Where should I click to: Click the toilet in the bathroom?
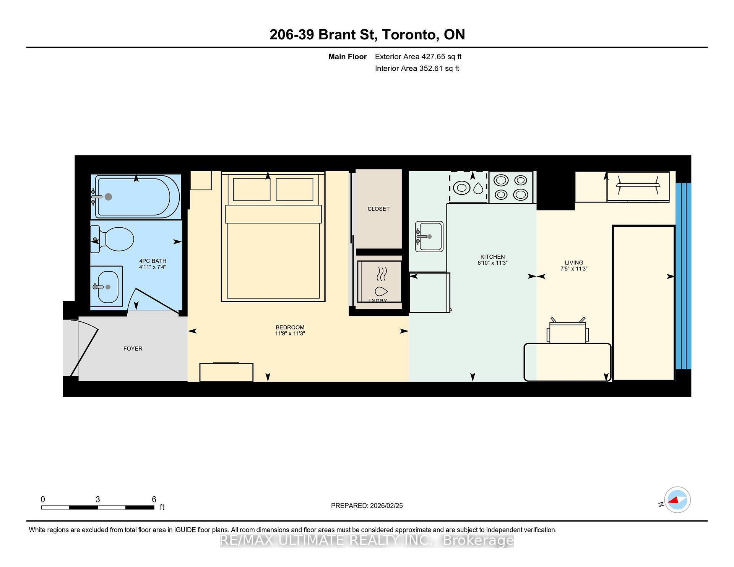click(115, 239)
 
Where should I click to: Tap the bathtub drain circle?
click(108, 197)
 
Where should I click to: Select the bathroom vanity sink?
click(107, 287)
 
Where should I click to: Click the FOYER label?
click(133, 348)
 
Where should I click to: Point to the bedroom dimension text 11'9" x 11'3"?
click(290, 334)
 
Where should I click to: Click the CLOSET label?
click(378, 209)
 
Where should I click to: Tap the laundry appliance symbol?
click(379, 282)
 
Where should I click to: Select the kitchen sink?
click(429, 237)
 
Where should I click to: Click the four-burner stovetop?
click(511, 187)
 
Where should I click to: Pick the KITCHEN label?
click(492, 257)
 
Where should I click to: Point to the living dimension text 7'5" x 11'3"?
click(574, 269)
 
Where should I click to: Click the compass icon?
click(677, 500)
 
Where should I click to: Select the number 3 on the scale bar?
click(98, 499)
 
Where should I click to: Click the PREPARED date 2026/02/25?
click(386, 505)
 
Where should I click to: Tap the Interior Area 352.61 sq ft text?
click(417, 68)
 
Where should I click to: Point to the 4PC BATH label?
click(153, 261)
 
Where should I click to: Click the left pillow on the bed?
click(251, 189)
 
